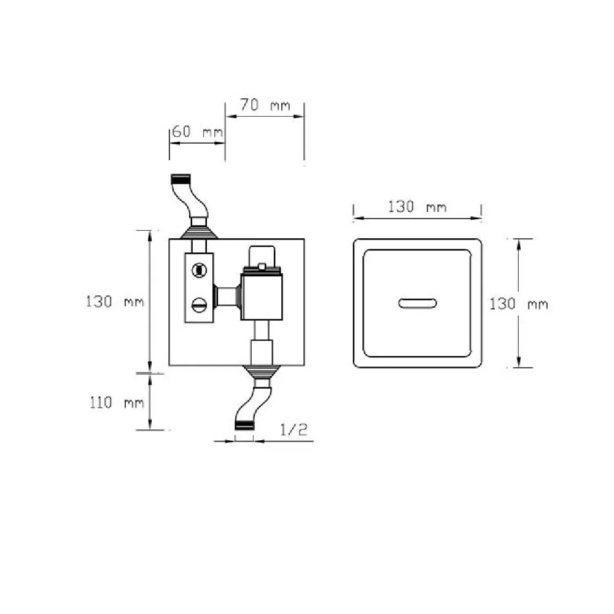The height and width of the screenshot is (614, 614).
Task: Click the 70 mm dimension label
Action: (265, 105)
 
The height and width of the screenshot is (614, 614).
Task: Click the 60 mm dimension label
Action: (197, 131)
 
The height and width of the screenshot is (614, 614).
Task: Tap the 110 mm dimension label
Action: (117, 403)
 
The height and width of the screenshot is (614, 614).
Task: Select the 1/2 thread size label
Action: (293, 430)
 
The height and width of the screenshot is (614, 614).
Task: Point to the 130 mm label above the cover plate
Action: (417, 206)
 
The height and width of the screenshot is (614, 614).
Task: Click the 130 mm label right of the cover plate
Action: (519, 304)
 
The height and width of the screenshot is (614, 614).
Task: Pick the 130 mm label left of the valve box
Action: (115, 301)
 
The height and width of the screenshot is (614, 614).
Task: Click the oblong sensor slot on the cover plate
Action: (418, 303)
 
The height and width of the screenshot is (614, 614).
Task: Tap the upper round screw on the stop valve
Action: (199, 271)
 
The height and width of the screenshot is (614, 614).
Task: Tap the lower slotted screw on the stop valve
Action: (199, 305)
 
